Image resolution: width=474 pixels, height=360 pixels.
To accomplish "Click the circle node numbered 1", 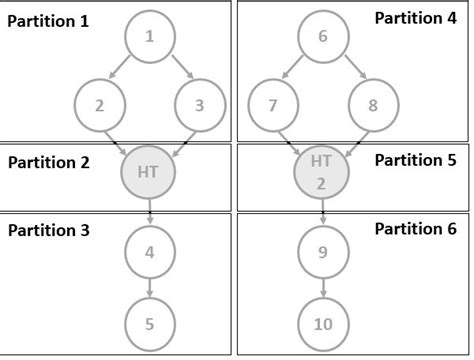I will click(149, 37).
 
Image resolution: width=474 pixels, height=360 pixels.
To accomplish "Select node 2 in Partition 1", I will click(99, 105).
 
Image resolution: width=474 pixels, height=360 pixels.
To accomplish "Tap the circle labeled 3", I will click(199, 105).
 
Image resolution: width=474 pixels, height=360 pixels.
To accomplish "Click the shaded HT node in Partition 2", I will click(149, 173).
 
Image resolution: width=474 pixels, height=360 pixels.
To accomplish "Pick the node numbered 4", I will click(149, 252).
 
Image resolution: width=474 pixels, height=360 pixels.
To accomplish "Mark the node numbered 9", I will click(322, 252).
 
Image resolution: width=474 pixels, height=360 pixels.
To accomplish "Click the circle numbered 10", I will click(322, 323).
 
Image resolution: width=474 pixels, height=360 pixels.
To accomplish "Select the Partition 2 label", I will click(49, 161).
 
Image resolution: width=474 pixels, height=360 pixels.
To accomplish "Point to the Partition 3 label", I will click(49, 230).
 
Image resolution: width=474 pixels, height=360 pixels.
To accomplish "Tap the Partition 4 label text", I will click(415, 18).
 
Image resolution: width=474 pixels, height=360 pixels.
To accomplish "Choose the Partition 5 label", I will click(415, 159).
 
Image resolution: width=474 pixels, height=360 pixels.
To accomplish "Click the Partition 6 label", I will click(415, 229).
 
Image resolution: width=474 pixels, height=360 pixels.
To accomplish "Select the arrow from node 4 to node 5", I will click(149, 287).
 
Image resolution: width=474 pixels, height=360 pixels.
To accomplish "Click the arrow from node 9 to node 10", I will click(322, 287).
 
